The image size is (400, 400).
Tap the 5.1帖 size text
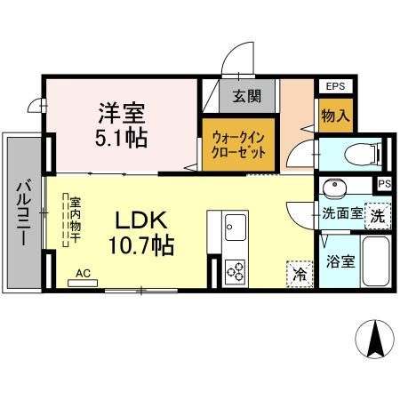tap(123, 139)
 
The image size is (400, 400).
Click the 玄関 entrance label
tap(245, 95)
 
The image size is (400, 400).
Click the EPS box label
tap(335, 86)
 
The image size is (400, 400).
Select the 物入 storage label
tap(333, 116)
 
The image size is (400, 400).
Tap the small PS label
tap(384, 184)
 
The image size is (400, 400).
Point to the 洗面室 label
tap(340, 213)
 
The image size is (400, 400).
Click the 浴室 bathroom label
tap(340, 262)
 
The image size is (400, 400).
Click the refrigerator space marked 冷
tap(300, 272)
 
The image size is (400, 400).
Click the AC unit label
tap(82, 274)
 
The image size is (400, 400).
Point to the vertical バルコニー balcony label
tap(22, 213)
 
